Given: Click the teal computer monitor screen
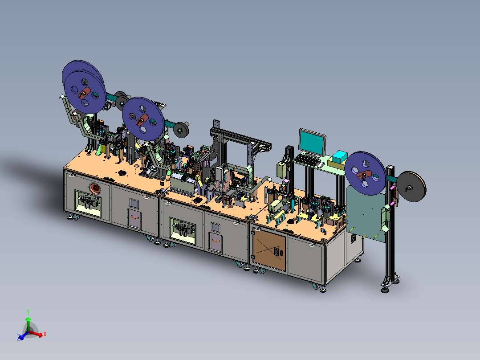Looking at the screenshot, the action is point(311,142).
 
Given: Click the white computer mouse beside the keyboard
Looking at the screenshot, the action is point(321,165).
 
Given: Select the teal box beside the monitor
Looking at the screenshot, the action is point(339,157).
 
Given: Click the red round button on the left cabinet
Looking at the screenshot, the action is point(95,188).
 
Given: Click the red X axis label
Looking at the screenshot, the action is point(45,334).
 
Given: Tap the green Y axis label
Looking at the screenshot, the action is point(28,312).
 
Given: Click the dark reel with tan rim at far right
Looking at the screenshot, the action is point(411,187).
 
